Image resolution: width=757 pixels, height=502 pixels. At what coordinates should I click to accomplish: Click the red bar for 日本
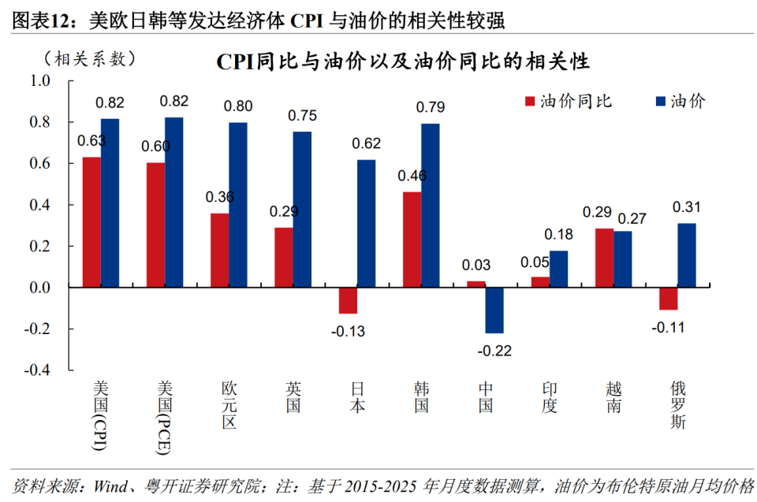(x=348, y=300)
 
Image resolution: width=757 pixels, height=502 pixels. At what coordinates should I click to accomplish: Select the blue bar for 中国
(x=494, y=310)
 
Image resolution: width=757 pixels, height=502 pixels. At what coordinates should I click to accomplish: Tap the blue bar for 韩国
(x=431, y=206)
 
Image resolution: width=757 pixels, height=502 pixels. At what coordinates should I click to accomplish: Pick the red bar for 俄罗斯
(x=668, y=299)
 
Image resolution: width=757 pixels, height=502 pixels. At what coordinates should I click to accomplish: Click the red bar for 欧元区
(x=220, y=251)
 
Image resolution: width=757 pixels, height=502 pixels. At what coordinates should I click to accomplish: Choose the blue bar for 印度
(x=558, y=269)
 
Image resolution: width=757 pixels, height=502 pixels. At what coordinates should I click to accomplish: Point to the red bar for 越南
(x=605, y=258)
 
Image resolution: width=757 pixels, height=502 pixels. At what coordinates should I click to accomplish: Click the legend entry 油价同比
(x=569, y=102)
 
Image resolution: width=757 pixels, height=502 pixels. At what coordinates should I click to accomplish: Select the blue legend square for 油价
(x=661, y=102)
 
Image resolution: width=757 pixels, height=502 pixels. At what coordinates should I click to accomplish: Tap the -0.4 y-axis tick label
(x=37, y=370)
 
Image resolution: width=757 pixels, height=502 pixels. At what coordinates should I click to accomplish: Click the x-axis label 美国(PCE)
(x=165, y=417)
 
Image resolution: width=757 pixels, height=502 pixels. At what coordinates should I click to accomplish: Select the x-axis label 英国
(x=293, y=397)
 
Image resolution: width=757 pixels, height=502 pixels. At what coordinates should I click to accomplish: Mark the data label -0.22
(x=494, y=351)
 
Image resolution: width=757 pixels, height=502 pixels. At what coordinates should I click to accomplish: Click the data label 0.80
(x=238, y=106)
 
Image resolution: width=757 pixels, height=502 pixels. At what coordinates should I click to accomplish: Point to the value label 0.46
(x=412, y=176)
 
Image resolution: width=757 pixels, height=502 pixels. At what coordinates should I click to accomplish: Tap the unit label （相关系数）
(x=90, y=59)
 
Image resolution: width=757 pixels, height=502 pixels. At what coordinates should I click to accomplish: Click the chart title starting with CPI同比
(x=403, y=61)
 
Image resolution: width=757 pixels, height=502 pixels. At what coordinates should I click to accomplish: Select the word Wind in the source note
(x=111, y=485)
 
